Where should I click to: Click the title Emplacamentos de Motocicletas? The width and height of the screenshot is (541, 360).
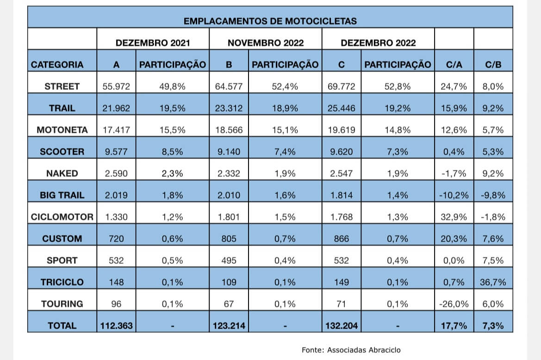(x=270, y=21)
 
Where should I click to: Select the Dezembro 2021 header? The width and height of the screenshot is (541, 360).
(x=153, y=43)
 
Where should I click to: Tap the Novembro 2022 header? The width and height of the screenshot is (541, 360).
(x=265, y=43)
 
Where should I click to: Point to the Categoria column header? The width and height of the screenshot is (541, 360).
(x=57, y=65)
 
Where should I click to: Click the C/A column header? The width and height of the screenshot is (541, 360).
(x=454, y=65)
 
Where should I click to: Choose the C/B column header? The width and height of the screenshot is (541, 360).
(x=493, y=65)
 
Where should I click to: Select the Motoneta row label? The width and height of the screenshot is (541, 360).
(x=62, y=130)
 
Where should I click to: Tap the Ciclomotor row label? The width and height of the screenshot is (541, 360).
(x=62, y=217)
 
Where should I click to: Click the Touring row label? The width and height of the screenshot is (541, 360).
(x=62, y=304)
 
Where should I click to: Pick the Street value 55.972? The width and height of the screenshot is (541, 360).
(x=116, y=87)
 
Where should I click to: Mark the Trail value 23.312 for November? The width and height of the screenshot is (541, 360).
(x=229, y=108)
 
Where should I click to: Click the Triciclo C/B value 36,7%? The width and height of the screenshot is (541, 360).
(x=493, y=282)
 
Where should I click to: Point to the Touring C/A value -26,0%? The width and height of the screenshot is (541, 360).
(x=454, y=304)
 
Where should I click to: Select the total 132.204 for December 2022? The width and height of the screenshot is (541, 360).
(x=341, y=326)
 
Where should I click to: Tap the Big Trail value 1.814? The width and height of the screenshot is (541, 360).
(x=341, y=195)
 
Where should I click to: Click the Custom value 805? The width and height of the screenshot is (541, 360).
(x=229, y=239)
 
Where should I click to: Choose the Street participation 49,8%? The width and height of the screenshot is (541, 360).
(x=172, y=87)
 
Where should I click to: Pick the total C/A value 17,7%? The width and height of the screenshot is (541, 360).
(x=454, y=326)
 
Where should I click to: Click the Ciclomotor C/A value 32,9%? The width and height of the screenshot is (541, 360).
(x=454, y=217)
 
